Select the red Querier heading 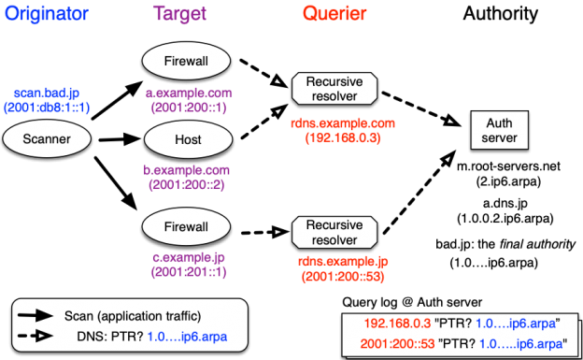(x=334, y=15)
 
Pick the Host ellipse (x=187, y=139)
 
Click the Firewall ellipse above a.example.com (x=187, y=62)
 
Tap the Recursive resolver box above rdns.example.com (x=334, y=89)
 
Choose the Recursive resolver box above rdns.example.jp (x=334, y=231)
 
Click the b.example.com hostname (x=186, y=171)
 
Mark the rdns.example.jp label (x=343, y=262)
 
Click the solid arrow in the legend (x=36, y=316)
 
